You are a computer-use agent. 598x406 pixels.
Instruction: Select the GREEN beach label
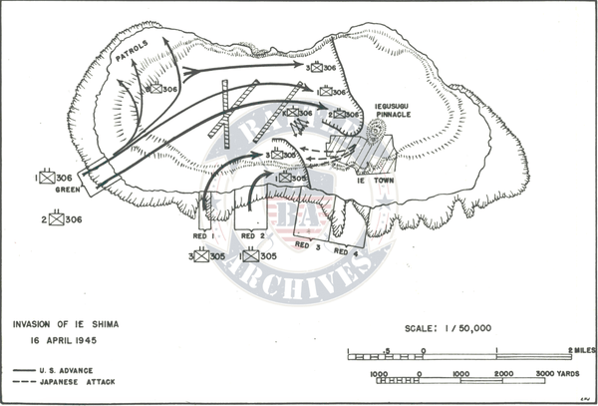coord(68,190)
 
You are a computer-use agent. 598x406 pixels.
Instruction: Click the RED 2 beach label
coord(254,235)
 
